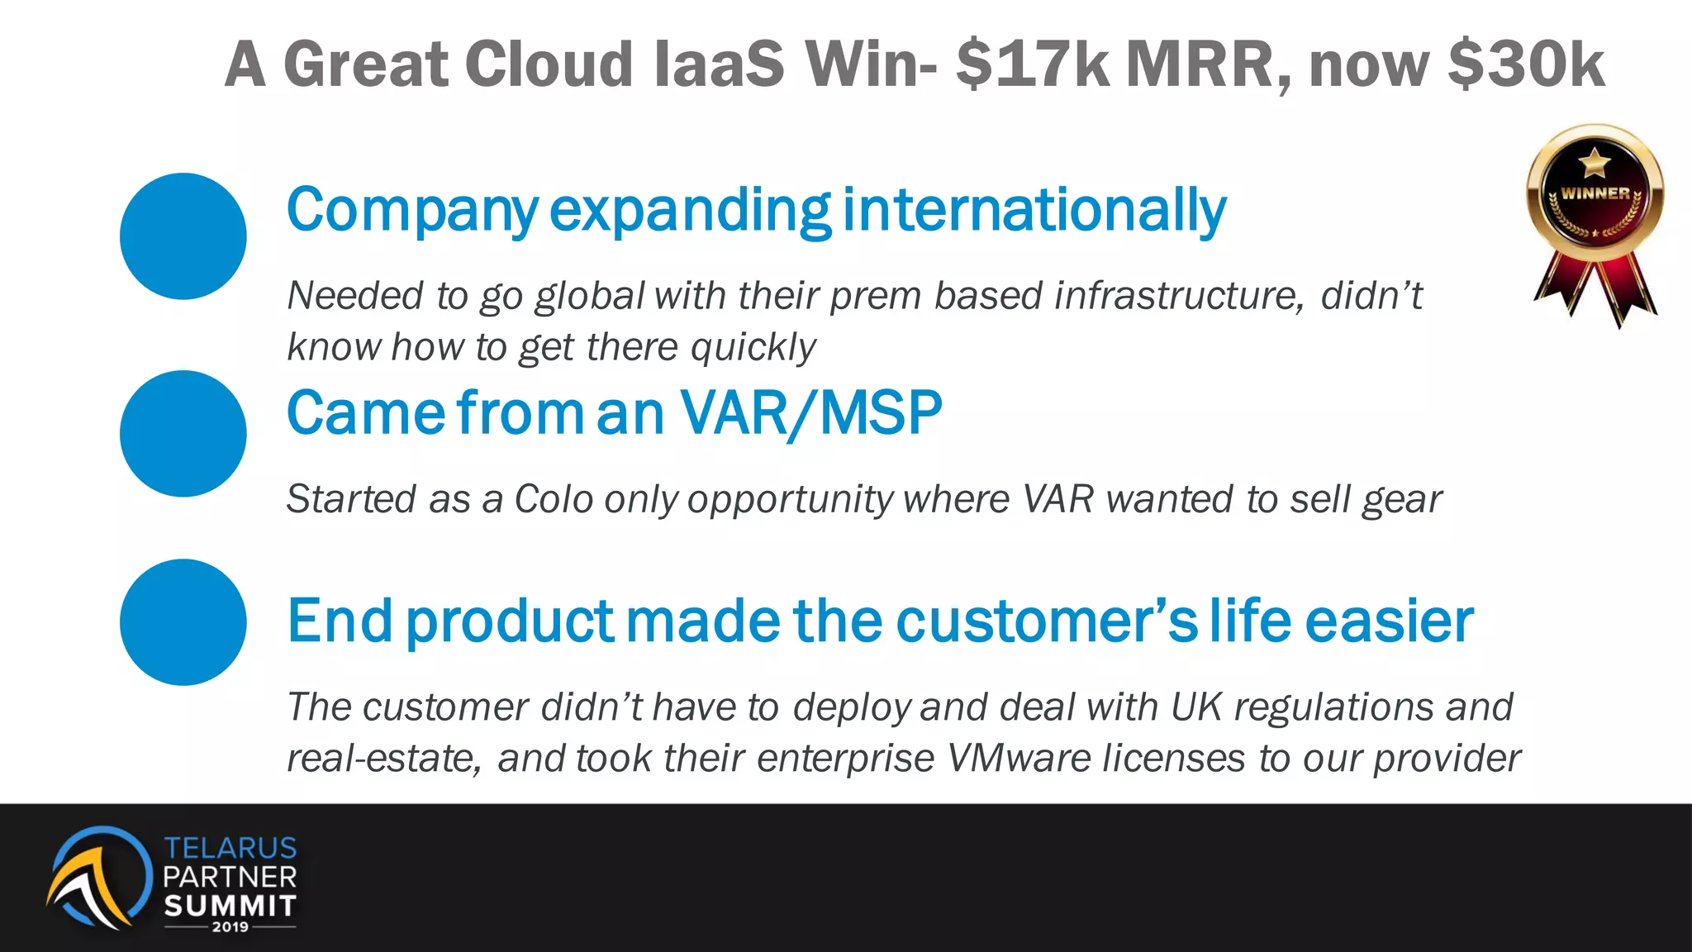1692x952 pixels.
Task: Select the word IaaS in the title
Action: point(719,64)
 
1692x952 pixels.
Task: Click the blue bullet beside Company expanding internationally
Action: point(183,236)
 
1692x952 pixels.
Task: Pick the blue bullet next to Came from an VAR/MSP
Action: point(183,434)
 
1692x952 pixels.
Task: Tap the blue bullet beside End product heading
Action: point(183,622)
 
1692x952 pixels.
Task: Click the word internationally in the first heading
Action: point(1034,210)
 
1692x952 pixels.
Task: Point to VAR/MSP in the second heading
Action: point(810,412)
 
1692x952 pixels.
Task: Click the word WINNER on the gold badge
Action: point(1595,193)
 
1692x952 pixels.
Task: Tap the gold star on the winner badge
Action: point(1595,162)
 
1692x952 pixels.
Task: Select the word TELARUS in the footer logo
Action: point(230,848)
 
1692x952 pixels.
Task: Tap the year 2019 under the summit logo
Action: point(230,927)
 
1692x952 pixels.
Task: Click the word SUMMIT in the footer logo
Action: point(230,906)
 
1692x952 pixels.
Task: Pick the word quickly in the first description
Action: point(753,347)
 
